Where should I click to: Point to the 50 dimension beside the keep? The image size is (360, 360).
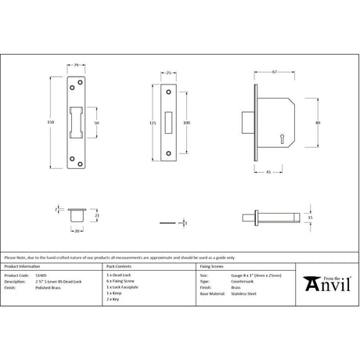pos(96,124)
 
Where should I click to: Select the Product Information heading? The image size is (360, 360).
pos(22,267)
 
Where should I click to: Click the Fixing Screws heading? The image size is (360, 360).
pos(213,267)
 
